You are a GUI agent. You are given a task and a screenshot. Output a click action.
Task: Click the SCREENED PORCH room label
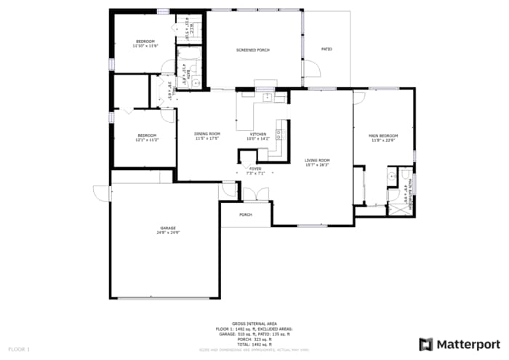(253, 49)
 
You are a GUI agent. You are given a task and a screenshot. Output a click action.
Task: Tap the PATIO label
(326, 49)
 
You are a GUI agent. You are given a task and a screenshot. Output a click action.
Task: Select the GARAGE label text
(167, 228)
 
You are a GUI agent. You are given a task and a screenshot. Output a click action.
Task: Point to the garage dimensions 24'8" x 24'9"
(167, 233)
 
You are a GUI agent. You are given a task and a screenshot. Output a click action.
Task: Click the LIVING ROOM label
(317, 160)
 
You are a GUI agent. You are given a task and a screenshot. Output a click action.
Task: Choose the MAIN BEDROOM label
(383, 136)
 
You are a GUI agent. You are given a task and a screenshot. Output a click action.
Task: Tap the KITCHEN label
(258, 134)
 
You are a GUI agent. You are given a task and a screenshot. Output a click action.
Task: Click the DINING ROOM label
(207, 134)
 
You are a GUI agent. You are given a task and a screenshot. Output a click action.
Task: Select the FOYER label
(255, 169)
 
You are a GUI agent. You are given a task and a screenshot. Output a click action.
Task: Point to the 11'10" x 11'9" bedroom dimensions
(145, 46)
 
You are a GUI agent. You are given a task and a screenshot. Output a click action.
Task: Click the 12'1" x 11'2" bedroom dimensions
(147, 140)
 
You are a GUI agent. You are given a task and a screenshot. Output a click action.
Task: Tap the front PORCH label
(246, 215)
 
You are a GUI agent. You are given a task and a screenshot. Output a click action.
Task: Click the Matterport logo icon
(425, 344)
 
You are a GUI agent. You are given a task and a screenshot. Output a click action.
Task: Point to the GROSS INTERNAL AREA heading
(254, 323)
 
